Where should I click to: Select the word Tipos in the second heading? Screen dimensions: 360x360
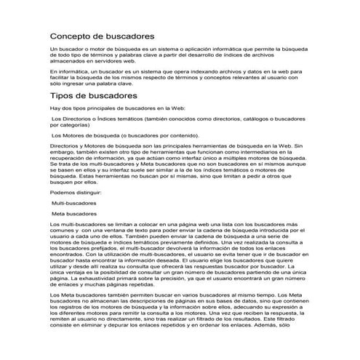63,96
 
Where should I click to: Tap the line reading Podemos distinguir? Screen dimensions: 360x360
76,191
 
